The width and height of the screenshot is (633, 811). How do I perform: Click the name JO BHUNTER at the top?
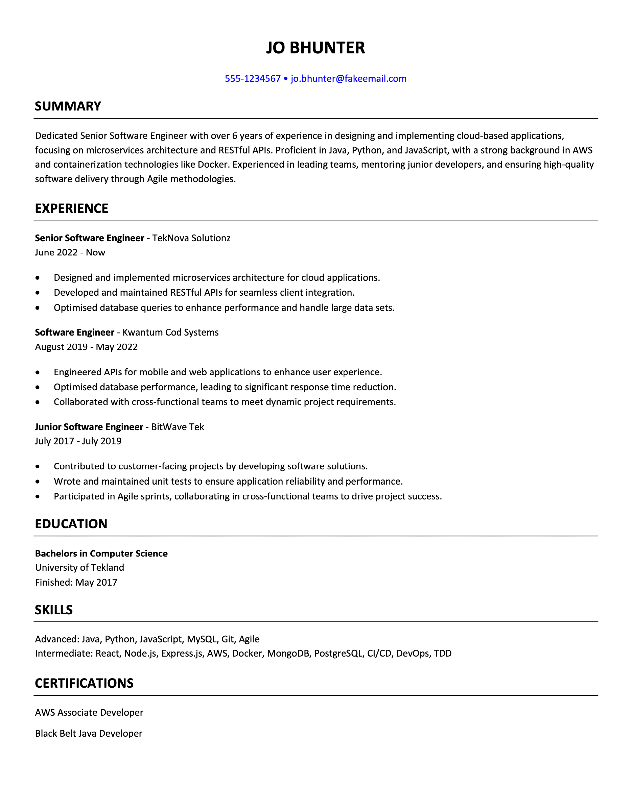[315, 48]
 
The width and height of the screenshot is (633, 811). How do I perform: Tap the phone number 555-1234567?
[253, 79]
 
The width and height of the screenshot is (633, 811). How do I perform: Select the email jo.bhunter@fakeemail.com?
[348, 79]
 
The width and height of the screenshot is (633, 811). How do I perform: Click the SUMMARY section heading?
[68, 106]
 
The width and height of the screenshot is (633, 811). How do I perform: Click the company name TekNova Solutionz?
[191, 238]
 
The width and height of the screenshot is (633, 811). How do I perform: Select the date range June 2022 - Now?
[70, 252]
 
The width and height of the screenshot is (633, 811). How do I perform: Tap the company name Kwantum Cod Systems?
[170, 333]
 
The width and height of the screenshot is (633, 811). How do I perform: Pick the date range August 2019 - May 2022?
[86, 347]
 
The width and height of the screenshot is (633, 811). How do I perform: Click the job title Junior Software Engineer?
[89, 427]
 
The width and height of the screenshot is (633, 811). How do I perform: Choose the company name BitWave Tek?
[178, 427]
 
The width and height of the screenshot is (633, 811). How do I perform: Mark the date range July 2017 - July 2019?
[78, 441]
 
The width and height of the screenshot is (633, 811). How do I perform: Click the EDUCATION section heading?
[71, 524]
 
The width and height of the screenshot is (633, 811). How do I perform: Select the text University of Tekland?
[79, 567]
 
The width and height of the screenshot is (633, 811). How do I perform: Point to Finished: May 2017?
[76, 582]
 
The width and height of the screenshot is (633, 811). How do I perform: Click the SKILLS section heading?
[54, 610]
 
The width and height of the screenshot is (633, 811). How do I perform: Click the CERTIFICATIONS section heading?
[84, 683]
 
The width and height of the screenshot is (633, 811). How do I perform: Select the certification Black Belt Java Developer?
[89, 733]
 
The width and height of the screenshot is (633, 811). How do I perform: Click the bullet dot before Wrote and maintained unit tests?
[38, 482]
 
